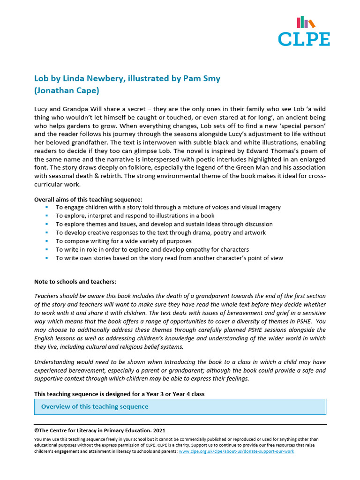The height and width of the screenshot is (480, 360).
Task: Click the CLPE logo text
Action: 304,38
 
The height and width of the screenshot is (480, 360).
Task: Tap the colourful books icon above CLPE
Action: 306,22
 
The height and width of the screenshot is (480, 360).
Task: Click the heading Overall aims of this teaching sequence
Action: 88,199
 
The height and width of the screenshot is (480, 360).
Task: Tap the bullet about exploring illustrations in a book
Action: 135,216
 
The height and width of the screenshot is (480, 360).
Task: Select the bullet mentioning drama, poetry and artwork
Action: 161,232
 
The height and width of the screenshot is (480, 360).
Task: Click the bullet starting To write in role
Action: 152,249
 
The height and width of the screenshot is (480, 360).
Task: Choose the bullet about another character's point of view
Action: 169,258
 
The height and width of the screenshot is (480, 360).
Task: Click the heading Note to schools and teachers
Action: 75,282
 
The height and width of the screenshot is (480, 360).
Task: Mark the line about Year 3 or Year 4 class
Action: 120,394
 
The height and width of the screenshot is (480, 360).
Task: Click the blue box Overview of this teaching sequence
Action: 180,406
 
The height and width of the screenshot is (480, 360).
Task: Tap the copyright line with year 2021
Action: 99,430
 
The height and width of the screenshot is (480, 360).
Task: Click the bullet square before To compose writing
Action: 47,241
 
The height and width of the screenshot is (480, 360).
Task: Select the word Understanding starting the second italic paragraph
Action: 54,362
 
